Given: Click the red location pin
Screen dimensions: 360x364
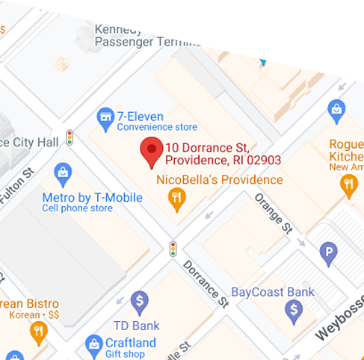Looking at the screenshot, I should (152, 152).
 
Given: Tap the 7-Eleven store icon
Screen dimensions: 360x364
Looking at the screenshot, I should (105, 117).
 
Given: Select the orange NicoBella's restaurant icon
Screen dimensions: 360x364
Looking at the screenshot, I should (176, 197).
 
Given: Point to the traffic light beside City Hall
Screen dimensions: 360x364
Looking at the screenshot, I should (70, 137).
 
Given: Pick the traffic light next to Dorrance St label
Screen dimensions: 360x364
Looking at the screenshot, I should (173, 248).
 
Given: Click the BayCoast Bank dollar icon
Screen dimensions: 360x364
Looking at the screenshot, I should (296, 308).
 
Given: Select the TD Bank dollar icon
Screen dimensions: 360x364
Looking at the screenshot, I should (139, 302).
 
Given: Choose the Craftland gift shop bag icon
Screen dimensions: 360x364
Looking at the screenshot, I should (93, 344).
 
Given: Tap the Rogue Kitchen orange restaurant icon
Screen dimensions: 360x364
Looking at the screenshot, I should (348, 185).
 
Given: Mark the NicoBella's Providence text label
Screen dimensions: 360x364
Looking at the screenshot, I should (220, 180).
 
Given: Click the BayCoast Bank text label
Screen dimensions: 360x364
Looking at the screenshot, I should (273, 291).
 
